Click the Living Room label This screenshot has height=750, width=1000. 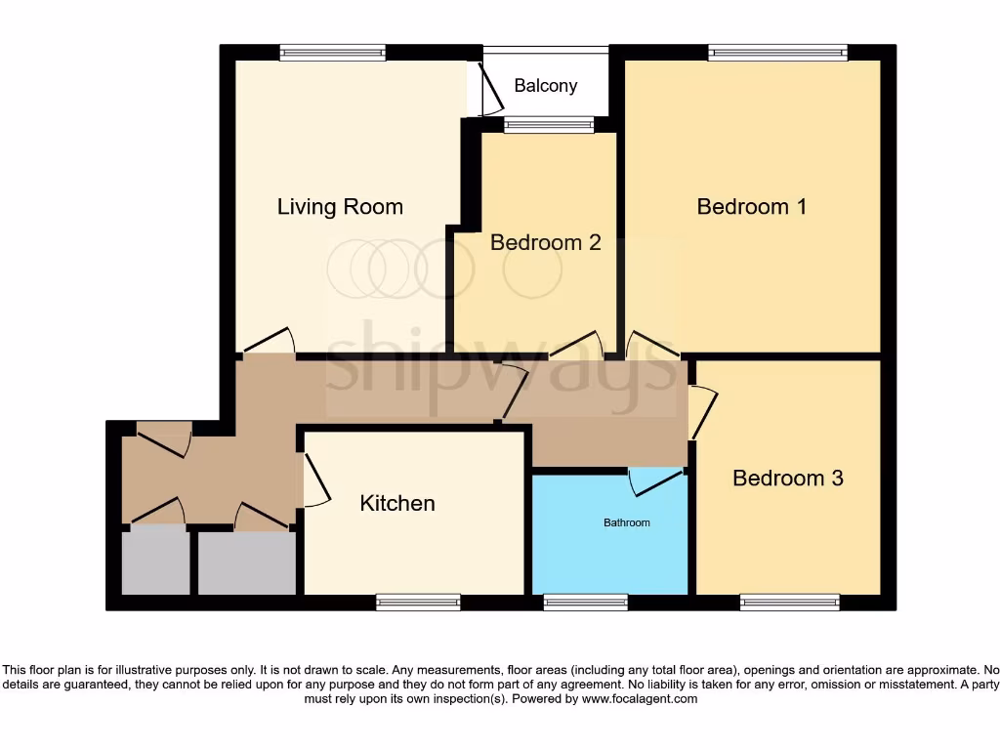340,207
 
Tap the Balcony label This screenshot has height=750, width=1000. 546,86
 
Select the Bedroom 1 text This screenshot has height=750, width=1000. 751,207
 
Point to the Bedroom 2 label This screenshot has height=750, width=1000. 545,242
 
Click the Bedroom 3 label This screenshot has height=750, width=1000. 787,479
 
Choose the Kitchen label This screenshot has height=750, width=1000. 397,504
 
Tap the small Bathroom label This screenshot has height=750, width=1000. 626,523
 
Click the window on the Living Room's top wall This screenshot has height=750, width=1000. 332,54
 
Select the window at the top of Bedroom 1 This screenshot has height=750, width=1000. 777,54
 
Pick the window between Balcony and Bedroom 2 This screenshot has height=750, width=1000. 548,125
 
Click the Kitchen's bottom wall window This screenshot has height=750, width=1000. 418,603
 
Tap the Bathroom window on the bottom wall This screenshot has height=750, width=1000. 585,603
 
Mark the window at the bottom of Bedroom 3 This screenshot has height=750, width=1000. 789,603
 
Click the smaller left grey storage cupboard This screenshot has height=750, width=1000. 155,562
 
